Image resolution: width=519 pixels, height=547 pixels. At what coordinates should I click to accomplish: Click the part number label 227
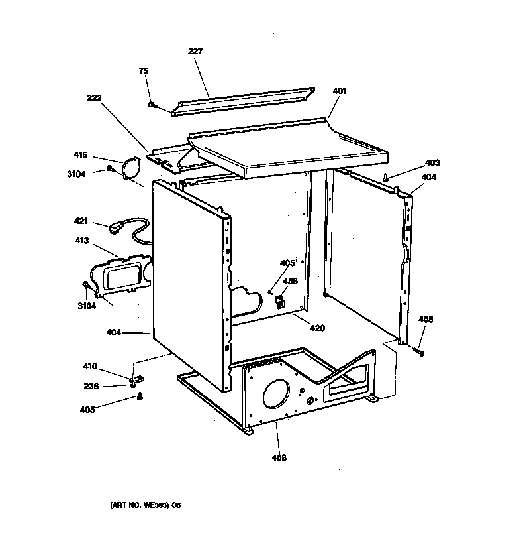click(196, 51)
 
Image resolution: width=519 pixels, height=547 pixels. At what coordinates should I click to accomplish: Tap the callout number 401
click(339, 91)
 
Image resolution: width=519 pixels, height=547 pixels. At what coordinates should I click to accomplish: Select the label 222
click(95, 97)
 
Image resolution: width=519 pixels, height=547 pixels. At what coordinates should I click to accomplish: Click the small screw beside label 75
click(152, 105)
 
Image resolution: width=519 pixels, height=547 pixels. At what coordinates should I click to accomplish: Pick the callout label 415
click(80, 155)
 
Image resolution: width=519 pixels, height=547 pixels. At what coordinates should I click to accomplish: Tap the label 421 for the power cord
click(81, 221)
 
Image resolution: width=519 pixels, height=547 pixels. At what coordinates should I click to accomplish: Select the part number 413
click(81, 241)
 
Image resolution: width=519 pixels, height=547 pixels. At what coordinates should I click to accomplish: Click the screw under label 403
click(385, 176)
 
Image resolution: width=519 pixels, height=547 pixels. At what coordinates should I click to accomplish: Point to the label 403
click(432, 163)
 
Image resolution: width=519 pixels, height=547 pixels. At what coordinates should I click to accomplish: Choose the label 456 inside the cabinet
click(290, 281)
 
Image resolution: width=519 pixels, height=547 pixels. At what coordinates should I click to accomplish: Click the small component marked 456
click(279, 302)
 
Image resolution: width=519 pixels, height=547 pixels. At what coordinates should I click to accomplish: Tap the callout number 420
click(317, 328)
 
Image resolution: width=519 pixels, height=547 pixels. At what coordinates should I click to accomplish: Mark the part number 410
click(89, 366)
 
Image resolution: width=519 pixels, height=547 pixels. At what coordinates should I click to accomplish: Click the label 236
click(91, 387)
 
